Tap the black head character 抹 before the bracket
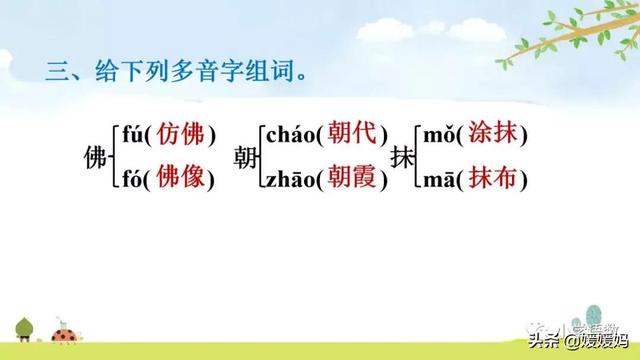(402, 158)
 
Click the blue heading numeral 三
(56, 73)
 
